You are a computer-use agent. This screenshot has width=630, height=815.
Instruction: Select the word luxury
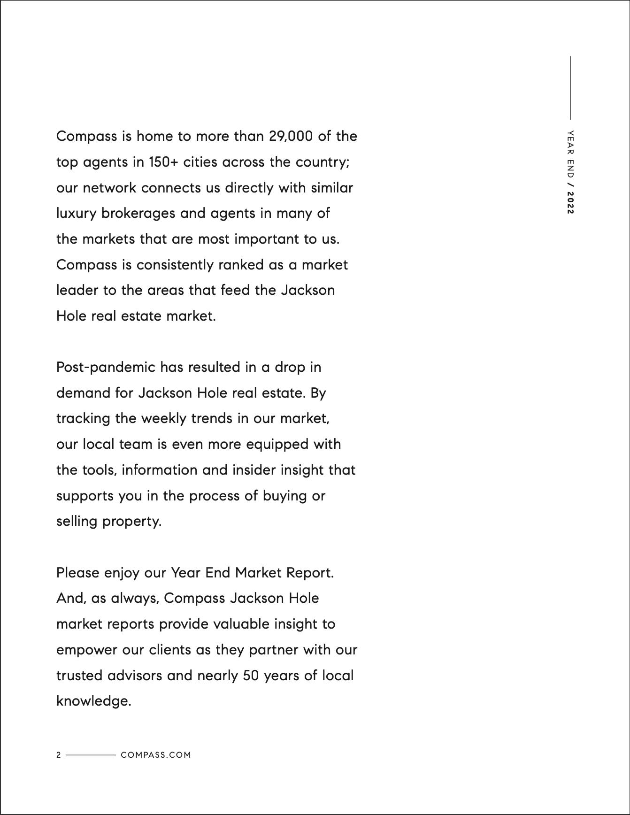[76, 214]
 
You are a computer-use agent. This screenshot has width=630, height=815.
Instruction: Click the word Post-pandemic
[106, 367]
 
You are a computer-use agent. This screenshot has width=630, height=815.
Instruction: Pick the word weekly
[164, 418]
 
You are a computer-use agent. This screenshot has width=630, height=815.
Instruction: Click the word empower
[87, 650]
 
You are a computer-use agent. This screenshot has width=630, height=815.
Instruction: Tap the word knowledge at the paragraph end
[92, 701]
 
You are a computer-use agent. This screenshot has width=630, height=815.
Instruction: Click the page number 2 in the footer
[59, 755]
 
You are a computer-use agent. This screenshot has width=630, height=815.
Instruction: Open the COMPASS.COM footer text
[156, 755]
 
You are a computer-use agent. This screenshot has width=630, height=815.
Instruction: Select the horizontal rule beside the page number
[91, 755]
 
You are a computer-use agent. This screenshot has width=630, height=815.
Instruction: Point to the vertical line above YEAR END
[570, 88]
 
